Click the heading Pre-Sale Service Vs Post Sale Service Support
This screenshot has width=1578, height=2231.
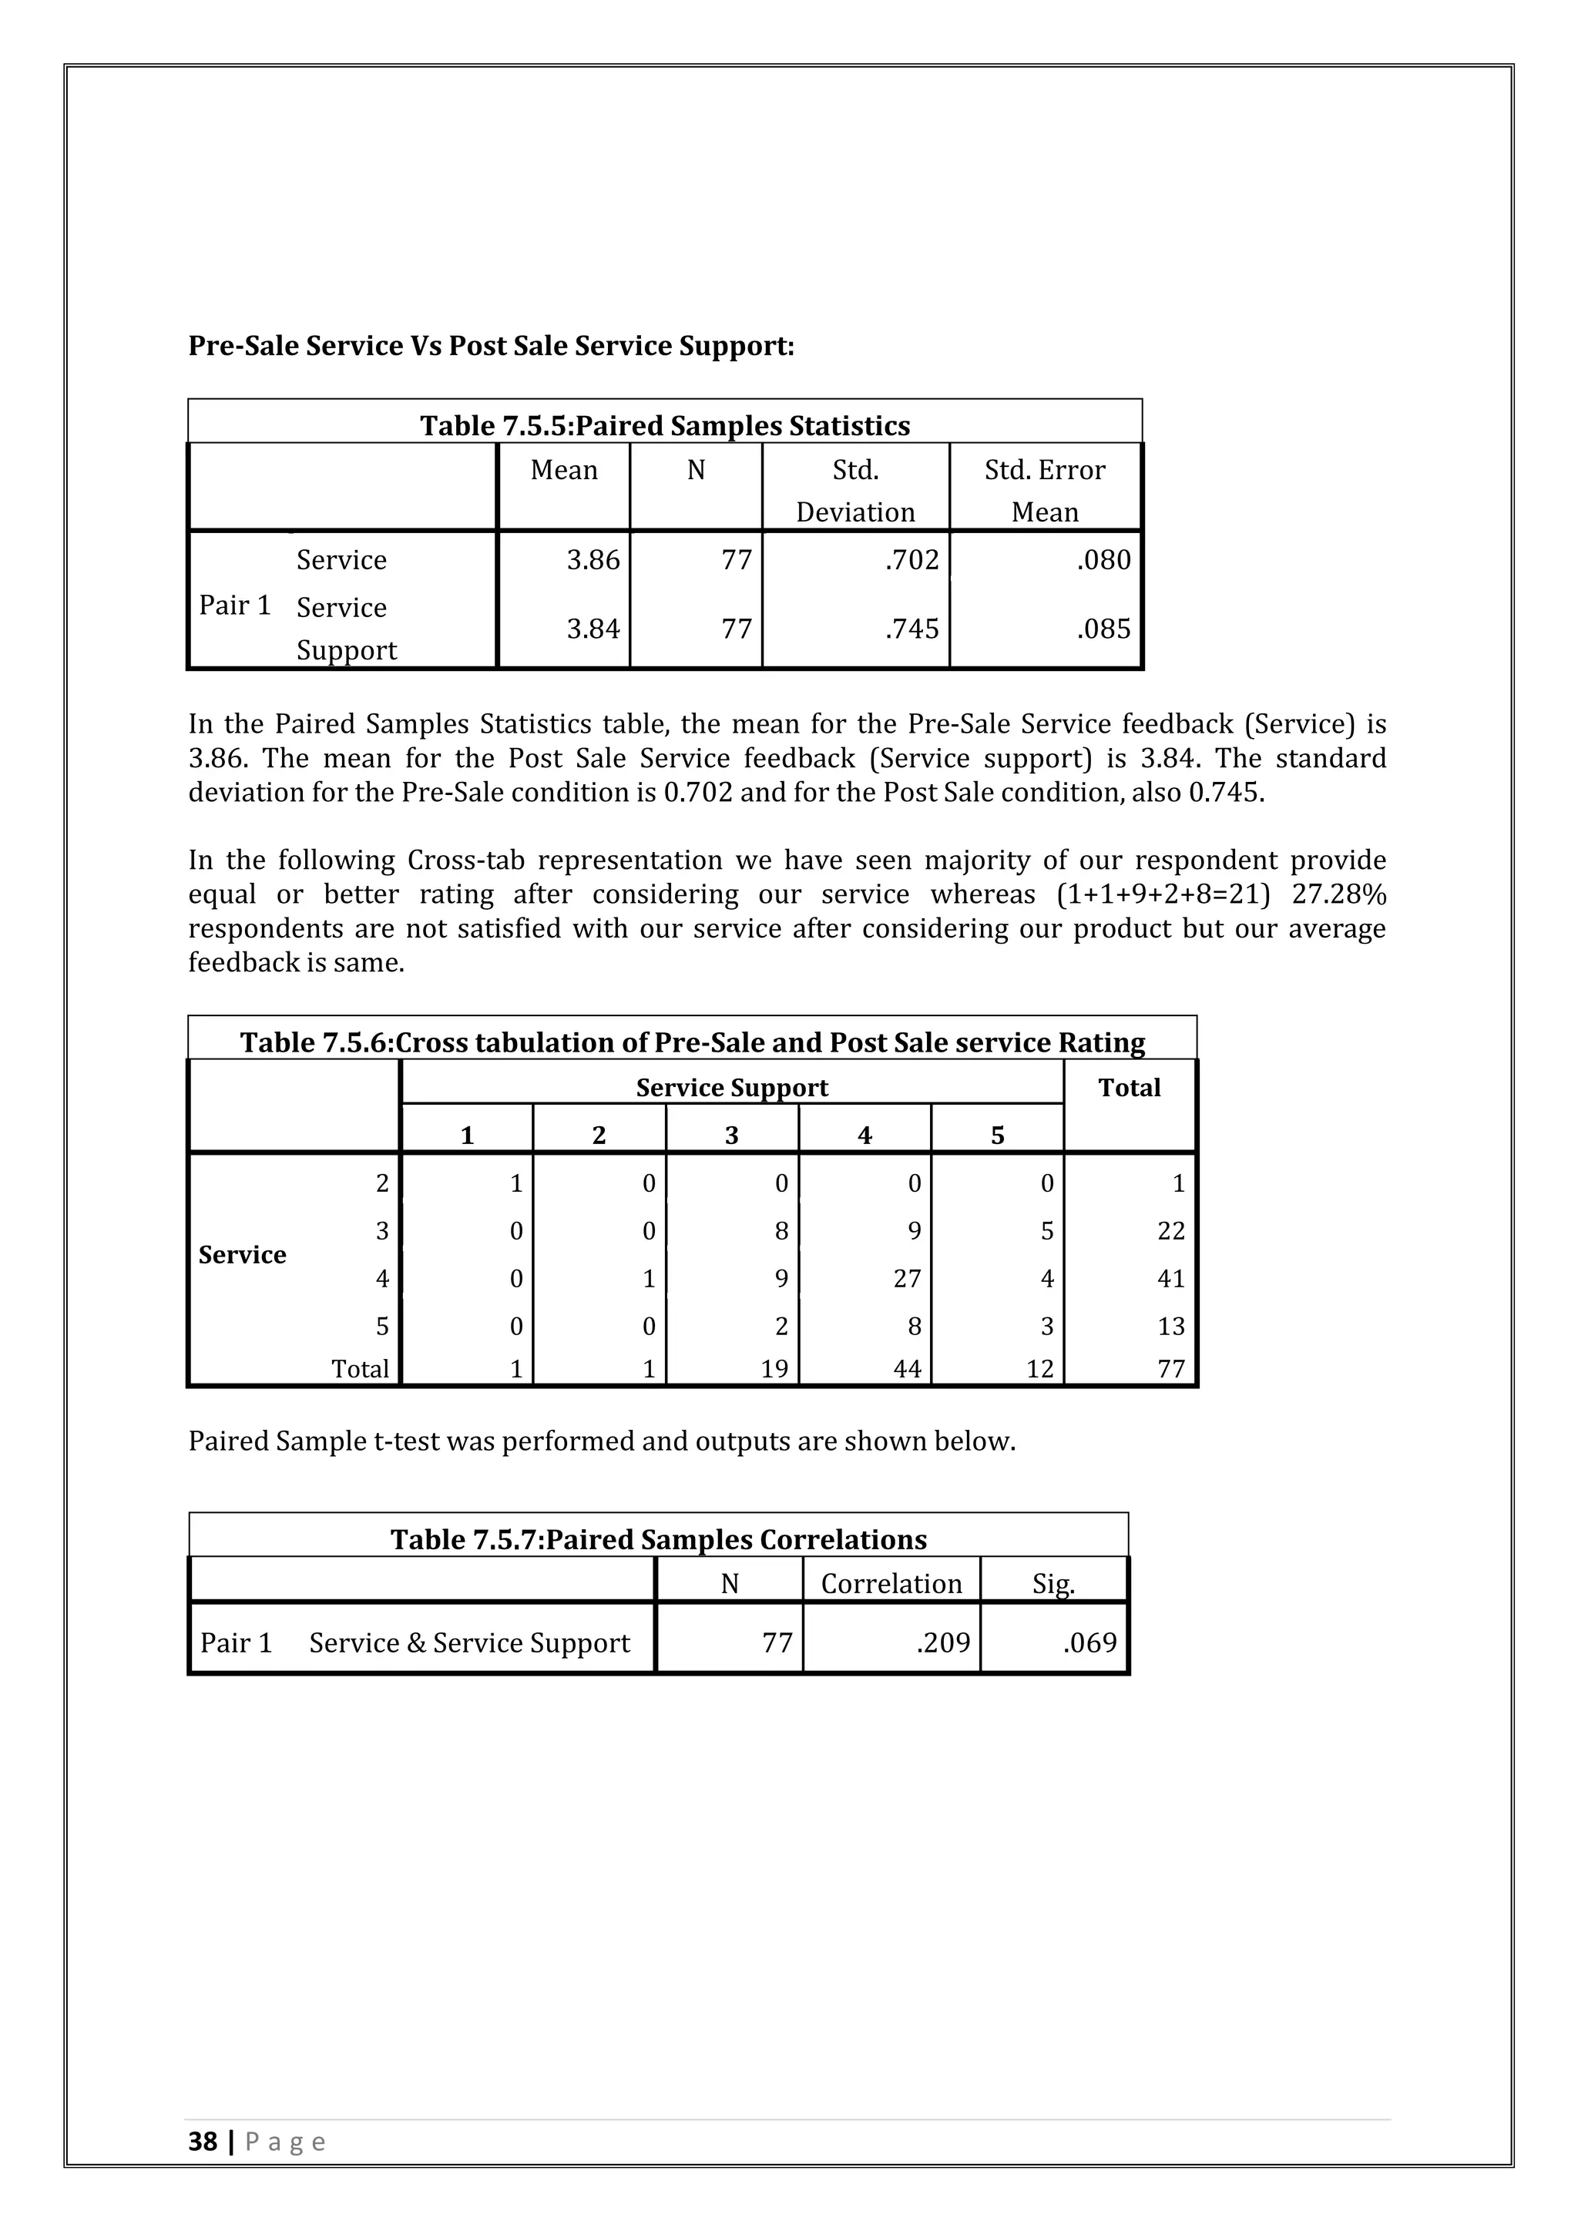tap(491, 346)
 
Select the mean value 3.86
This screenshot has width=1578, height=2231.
tap(593, 560)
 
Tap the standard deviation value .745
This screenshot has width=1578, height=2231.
tap(912, 629)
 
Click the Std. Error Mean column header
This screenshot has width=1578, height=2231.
tap(1045, 491)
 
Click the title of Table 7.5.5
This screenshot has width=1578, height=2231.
tap(665, 425)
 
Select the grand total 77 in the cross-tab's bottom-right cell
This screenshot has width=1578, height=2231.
tap(1171, 1369)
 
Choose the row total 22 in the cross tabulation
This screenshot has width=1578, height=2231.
tap(1171, 1231)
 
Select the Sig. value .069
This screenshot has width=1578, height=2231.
tap(1089, 1643)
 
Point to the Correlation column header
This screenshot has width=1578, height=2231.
tap(891, 1584)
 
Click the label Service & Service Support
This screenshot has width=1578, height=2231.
tap(469, 1643)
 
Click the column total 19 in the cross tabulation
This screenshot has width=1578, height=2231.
tap(774, 1369)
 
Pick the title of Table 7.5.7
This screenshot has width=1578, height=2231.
tap(658, 1539)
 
